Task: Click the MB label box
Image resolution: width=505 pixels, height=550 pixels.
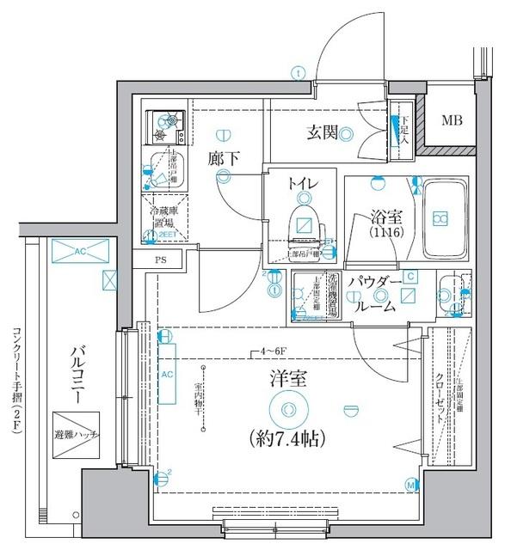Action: [451, 120]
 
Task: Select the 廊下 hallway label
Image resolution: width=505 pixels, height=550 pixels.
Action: [223, 158]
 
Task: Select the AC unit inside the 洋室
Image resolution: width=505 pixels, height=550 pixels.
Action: [166, 375]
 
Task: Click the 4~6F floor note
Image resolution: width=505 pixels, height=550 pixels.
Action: [270, 351]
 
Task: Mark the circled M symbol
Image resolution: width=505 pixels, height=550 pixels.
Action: [410, 486]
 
